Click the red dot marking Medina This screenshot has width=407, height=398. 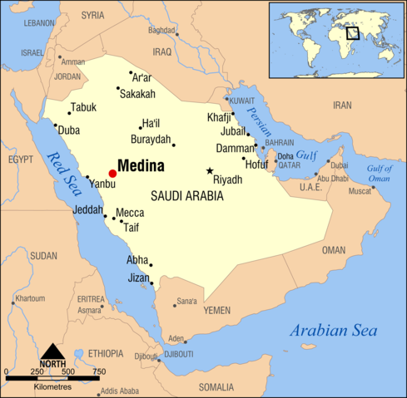click(x=112, y=173)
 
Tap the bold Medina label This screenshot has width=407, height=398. click(x=141, y=165)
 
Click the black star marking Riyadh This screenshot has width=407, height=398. click(x=210, y=171)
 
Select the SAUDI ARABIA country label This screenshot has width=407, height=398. click(x=187, y=196)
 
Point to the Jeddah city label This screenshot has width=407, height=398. click(x=87, y=209)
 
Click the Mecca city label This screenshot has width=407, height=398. click(x=130, y=213)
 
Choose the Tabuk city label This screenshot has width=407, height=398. click(x=83, y=107)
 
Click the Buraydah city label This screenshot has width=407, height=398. click(x=151, y=139)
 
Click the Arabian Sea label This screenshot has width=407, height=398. click(x=333, y=331)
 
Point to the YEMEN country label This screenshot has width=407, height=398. click(x=216, y=310)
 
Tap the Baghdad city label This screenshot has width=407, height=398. click(x=161, y=31)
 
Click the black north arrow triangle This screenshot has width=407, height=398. click(x=52, y=351)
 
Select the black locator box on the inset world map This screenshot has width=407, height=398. click(x=353, y=33)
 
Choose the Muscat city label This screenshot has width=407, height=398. click(x=360, y=191)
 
